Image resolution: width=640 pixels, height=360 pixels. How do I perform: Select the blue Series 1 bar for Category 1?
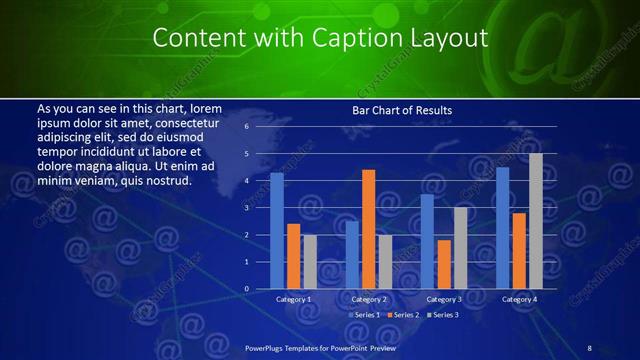277,231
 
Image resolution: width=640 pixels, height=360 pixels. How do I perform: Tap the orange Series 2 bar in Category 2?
369,229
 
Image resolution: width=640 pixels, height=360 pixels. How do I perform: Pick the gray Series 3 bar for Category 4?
535,221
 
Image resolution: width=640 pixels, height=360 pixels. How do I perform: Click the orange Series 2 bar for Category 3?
444,264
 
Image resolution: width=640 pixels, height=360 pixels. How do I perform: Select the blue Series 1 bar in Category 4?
503,228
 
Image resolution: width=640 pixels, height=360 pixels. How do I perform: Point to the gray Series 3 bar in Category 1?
310,262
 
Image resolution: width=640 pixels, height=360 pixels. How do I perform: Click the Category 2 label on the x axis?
369,299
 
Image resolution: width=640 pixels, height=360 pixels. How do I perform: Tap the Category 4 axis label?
519,299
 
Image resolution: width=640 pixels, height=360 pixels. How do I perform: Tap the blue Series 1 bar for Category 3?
427,241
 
